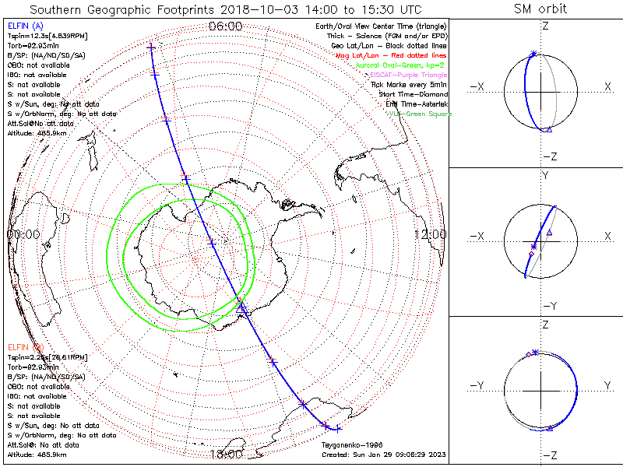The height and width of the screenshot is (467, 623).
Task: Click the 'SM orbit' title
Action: tap(540, 9)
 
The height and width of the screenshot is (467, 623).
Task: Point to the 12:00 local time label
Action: tap(430, 233)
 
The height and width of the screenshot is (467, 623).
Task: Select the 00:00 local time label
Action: tap(23, 233)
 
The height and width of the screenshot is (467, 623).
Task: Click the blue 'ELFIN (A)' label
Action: tap(25, 26)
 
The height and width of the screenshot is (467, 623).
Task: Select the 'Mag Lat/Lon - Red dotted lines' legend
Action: tap(389, 55)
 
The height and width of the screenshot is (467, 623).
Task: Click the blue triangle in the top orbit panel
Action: tap(549, 129)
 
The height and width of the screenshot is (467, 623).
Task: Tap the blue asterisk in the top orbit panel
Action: tap(533, 54)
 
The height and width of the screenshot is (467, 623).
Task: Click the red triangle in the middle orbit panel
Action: tap(550, 232)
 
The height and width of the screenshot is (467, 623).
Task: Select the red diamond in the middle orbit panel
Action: tap(531, 254)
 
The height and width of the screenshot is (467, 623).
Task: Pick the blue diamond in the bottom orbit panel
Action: tap(528, 355)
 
